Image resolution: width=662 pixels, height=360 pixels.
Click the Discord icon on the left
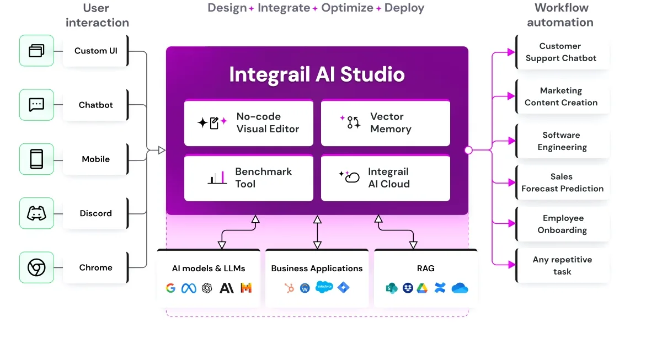[36, 213]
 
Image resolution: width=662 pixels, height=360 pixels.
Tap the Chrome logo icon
[36, 267]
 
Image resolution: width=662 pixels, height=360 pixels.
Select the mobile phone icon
[36, 159]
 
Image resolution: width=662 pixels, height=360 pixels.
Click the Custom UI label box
[96, 51]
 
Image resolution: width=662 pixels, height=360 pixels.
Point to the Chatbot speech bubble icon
[36, 105]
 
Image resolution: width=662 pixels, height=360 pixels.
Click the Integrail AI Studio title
[317, 74]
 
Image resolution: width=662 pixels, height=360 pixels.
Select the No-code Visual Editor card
[249, 123]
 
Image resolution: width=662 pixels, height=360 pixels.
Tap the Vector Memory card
[386, 123]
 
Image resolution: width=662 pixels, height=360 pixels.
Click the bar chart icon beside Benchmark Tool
[217, 178]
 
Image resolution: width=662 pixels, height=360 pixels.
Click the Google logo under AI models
[170, 288]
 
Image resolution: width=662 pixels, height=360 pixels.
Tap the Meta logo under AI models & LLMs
[189, 288]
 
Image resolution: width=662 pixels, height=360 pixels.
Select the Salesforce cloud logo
[324, 287]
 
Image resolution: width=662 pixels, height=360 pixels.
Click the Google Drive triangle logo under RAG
[422, 288]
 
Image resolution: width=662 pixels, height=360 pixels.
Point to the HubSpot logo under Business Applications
[289, 288]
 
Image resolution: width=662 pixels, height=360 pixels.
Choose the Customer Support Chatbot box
[562, 52]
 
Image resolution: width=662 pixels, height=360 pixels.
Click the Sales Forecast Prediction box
[562, 182]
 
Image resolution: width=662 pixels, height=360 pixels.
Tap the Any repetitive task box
[562, 266]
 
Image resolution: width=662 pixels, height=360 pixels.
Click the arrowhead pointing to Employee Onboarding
[511, 224]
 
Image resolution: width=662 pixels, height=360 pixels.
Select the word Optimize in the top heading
[347, 8]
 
